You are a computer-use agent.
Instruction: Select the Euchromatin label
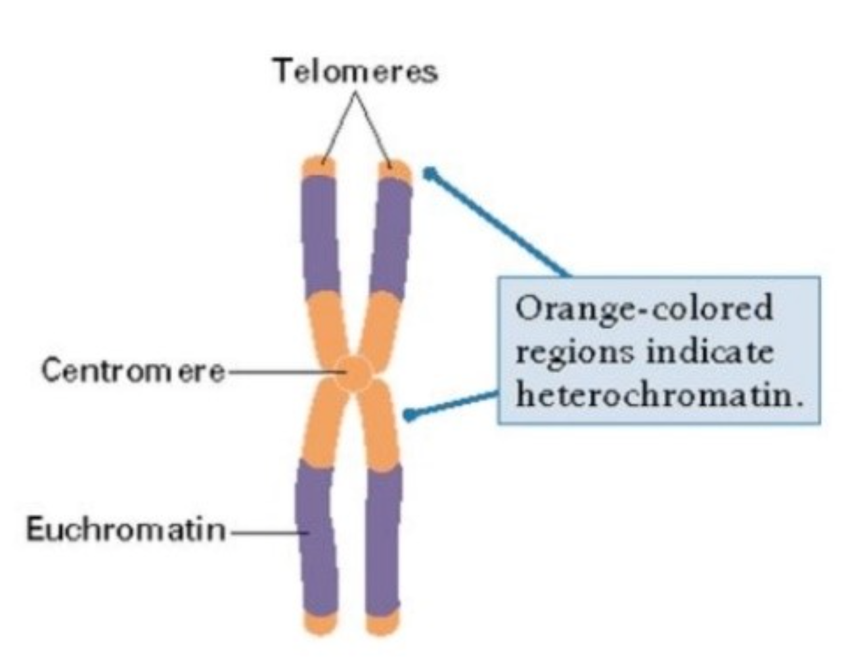(x=125, y=529)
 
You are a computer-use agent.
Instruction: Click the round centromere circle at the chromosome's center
(x=354, y=374)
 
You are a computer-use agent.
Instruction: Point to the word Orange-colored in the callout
(x=644, y=309)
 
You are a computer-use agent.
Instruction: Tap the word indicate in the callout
(x=709, y=352)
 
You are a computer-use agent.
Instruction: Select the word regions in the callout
(x=575, y=353)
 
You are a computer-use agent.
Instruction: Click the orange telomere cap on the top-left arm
(x=319, y=168)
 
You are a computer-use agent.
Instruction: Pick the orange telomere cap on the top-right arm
(x=395, y=171)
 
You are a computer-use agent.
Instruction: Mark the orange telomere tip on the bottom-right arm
(x=382, y=622)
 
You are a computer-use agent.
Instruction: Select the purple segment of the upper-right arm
(x=391, y=236)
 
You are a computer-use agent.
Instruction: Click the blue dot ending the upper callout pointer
(x=430, y=173)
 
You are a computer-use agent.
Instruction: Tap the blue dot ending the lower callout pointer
(x=409, y=415)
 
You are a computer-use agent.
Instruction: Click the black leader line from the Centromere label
(x=279, y=372)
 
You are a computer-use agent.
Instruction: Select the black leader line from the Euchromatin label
(x=266, y=531)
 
